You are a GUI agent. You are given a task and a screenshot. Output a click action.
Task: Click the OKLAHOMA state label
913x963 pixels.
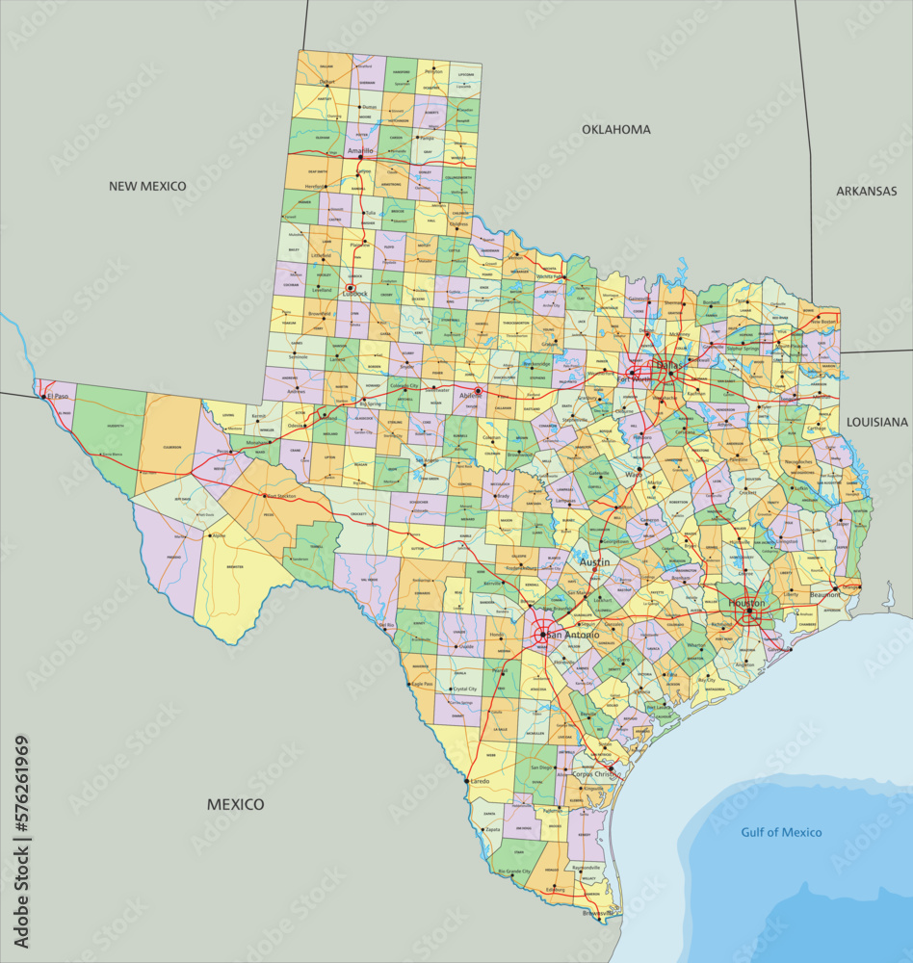click(x=616, y=129)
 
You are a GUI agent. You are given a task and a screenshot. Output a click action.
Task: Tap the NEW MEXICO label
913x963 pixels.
click(x=147, y=186)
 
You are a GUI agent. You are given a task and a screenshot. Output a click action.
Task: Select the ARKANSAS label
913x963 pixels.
click(x=866, y=191)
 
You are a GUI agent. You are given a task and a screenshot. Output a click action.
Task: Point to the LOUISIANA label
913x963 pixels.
click(x=876, y=422)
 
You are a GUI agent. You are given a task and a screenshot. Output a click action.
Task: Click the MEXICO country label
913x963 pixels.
click(x=235, y=804)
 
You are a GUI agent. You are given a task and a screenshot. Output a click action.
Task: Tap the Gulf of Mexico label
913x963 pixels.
click(x=781, y=832)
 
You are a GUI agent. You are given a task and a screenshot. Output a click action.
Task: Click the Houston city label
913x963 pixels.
click(x=746, y=603)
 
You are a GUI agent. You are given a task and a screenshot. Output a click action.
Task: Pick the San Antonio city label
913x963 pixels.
click(x=572, y=636)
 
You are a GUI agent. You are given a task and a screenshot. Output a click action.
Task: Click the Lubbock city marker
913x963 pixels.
click(x=351, y=287)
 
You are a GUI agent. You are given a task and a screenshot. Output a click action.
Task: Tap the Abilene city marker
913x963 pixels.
click(x=478, y=391)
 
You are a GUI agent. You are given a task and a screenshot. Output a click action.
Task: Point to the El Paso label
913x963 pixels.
click(x=59, y=396)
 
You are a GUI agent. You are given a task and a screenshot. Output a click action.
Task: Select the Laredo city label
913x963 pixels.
click(x=479, y=781)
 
